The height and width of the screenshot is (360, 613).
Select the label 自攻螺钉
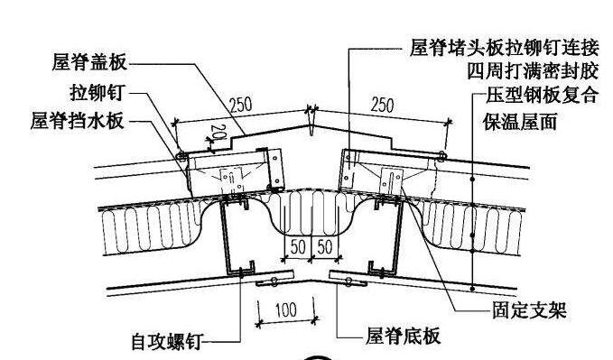(x=165, y=342)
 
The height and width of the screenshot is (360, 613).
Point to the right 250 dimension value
(x=383, y=105)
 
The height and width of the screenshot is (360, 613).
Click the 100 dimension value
(x=285, y=310)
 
